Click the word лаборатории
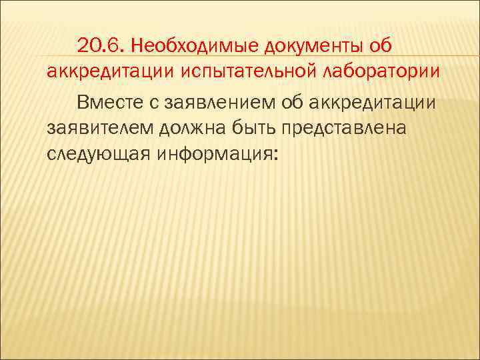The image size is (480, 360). pos(381,71)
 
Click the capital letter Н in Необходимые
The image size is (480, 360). pos(137,45)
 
